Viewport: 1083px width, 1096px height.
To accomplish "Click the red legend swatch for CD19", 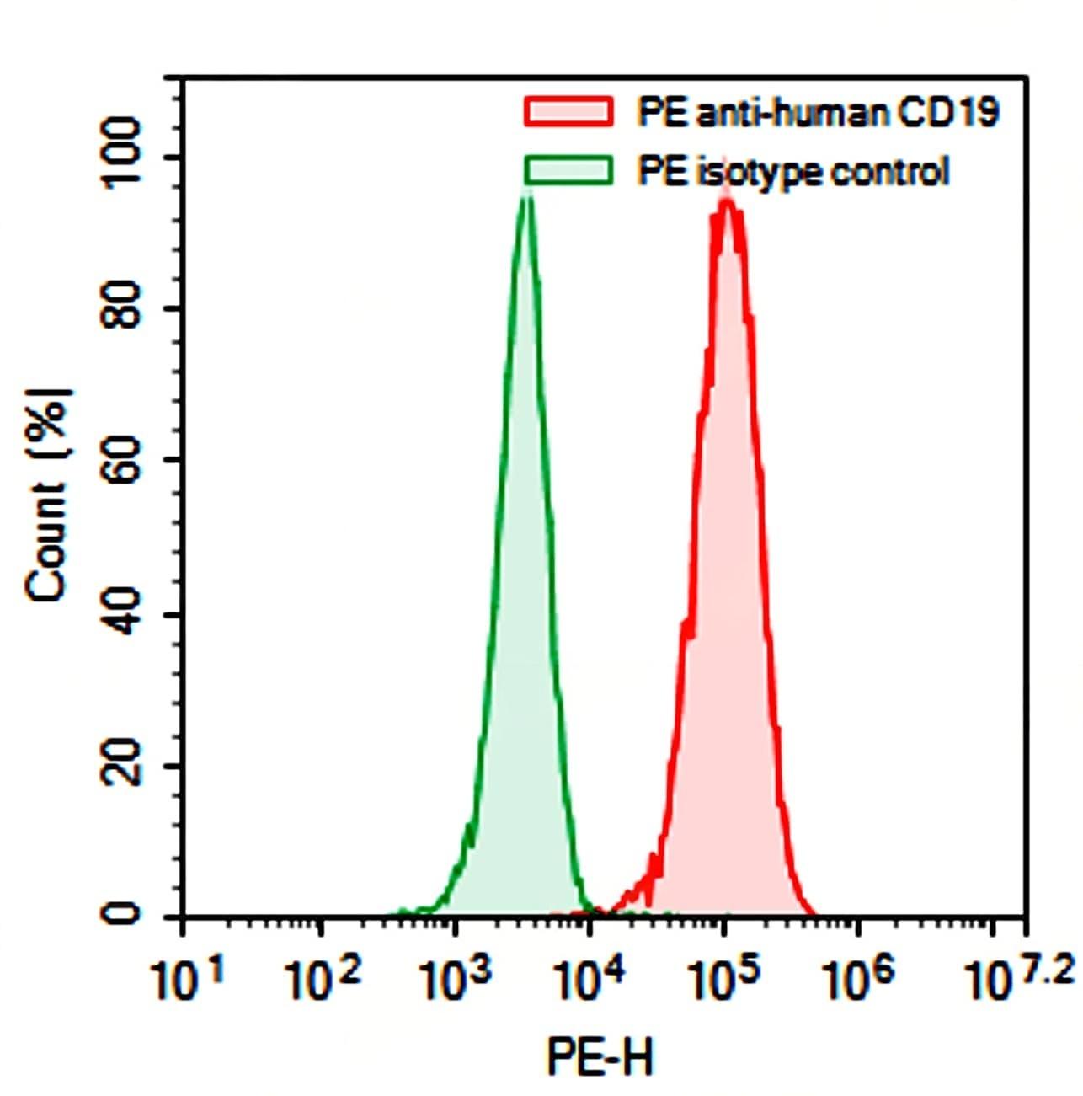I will [568, 111].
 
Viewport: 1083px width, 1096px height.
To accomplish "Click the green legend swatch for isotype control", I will [568, 170].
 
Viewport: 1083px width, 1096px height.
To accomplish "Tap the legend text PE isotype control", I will [792, 171].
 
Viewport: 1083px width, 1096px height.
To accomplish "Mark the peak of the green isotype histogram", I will [527, 195].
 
